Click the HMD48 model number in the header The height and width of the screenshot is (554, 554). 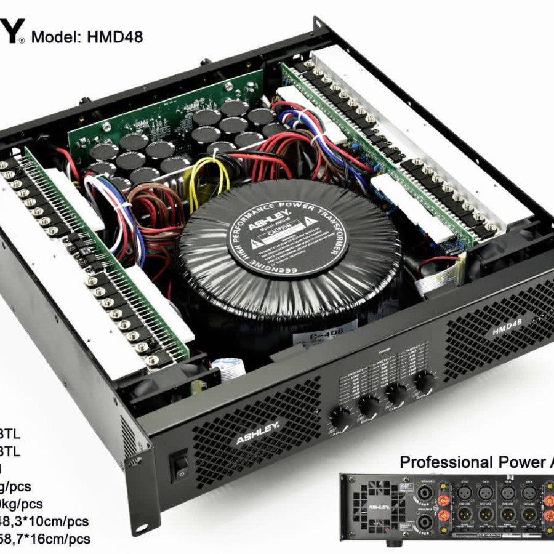click(x=117, y=37)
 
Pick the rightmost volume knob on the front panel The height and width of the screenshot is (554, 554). click(x=425, y=383)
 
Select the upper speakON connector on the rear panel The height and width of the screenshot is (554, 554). click(x=424, y=491)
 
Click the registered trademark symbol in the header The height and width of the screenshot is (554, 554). click(x=23, y=41)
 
